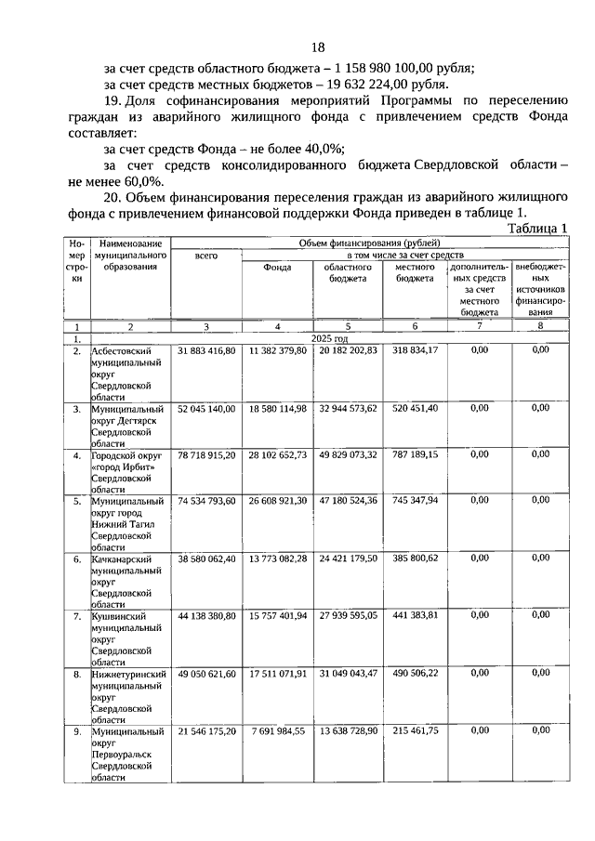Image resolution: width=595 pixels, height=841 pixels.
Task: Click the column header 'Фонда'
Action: (277, 268)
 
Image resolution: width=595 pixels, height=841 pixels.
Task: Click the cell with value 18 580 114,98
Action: (277, 408)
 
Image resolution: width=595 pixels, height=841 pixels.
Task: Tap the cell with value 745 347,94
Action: (415, 500)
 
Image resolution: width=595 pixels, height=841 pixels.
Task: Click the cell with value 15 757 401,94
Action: (277, 616)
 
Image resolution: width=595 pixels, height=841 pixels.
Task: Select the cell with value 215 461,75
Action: (415, 730)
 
